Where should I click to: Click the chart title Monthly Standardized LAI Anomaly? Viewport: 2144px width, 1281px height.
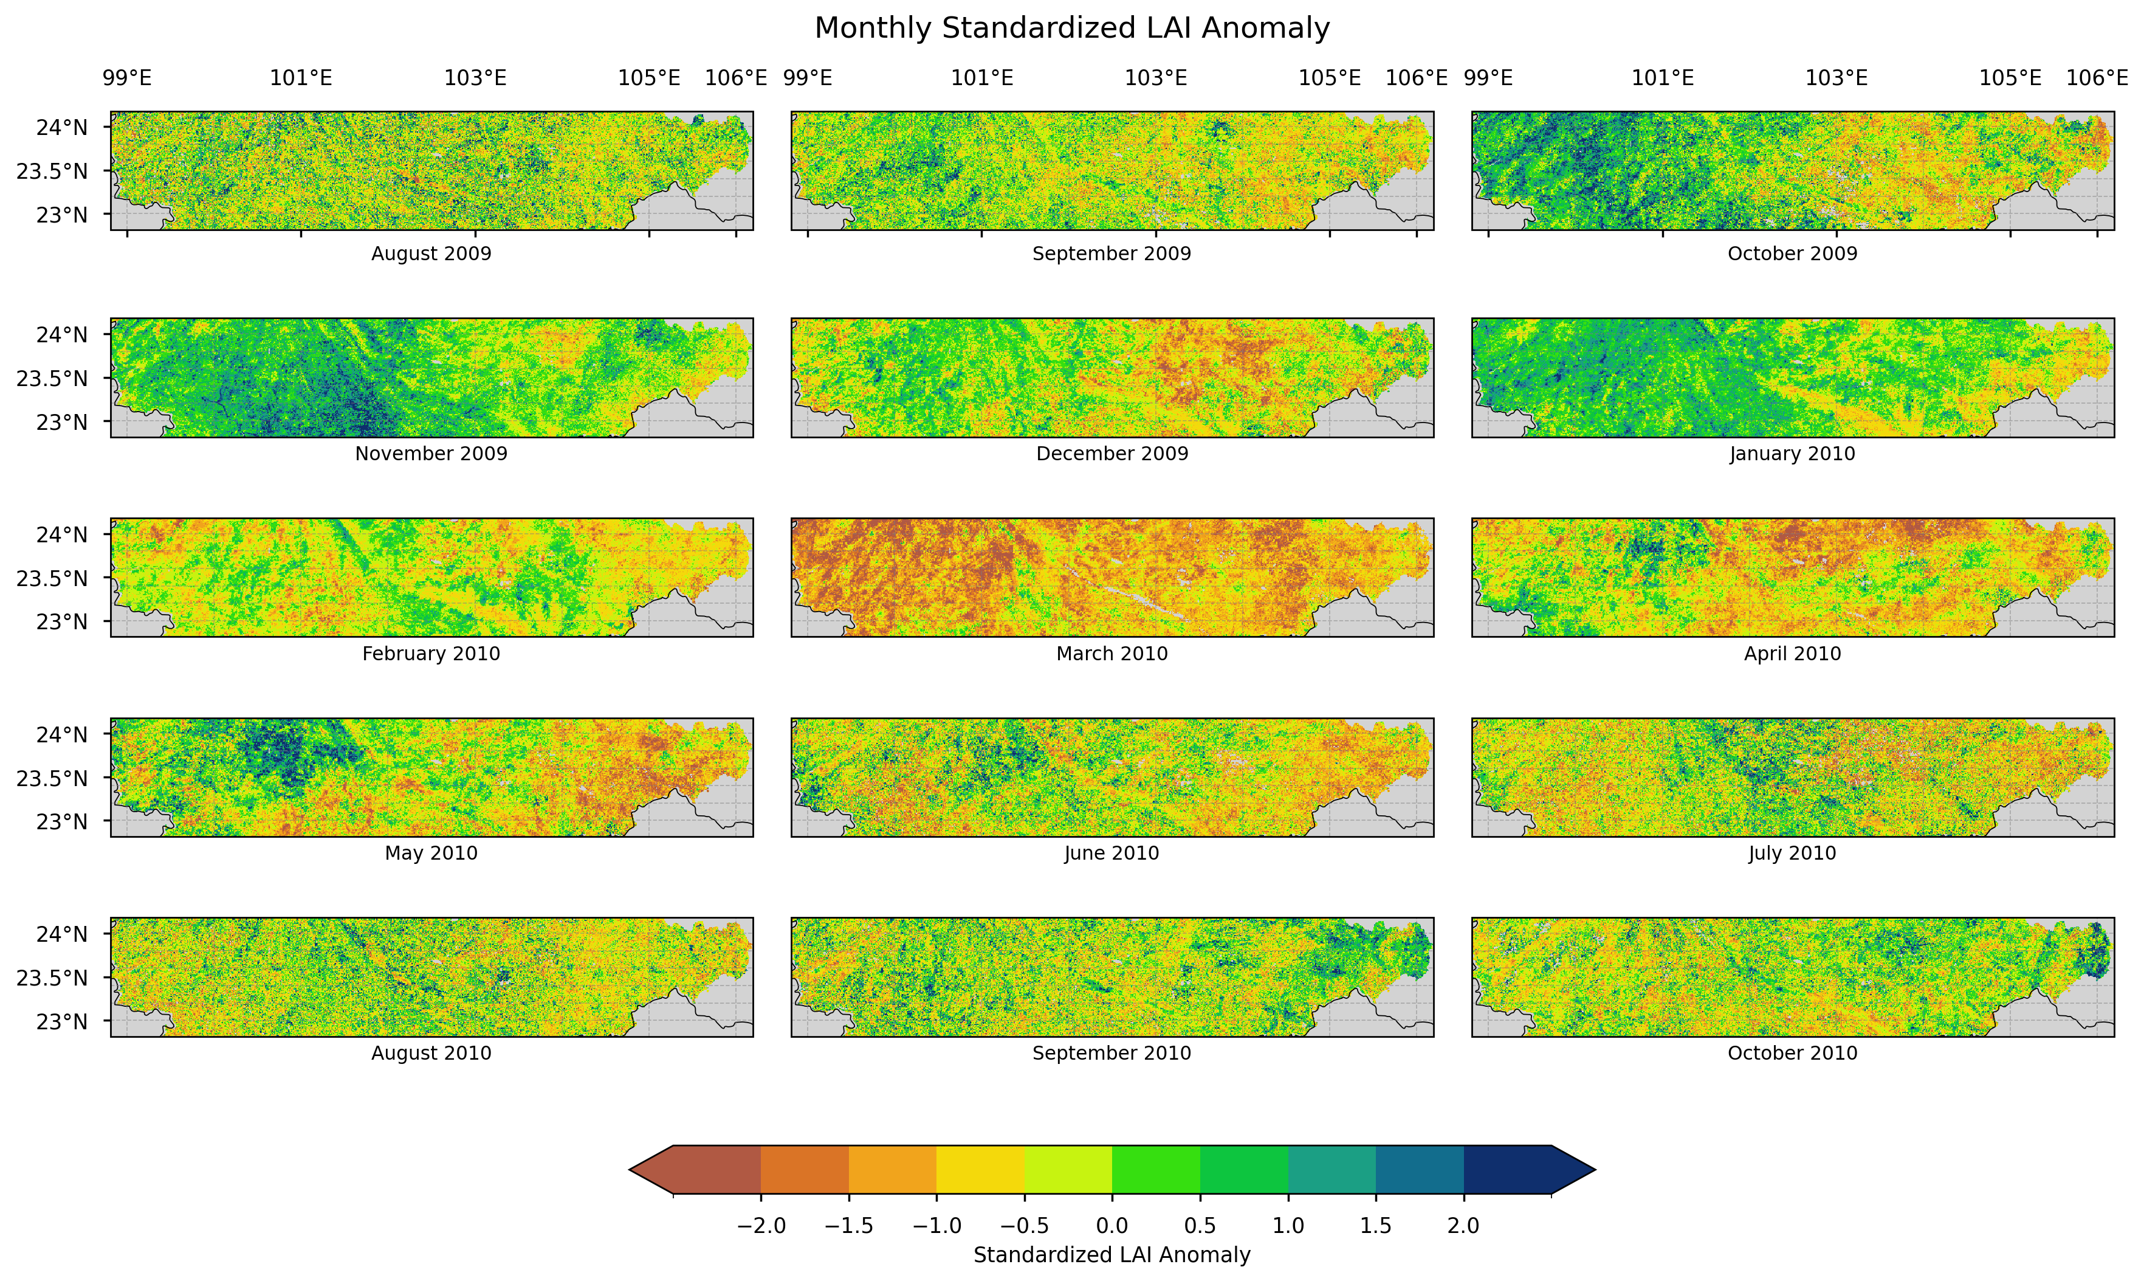coord(1071,29)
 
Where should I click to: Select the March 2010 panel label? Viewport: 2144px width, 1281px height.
coord(1112,654)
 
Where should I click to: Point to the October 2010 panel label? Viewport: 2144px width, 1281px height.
coord(1792,1053)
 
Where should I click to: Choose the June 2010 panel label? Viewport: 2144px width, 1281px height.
coord(1112,854)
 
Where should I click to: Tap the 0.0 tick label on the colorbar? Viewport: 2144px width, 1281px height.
coord(1112,1226)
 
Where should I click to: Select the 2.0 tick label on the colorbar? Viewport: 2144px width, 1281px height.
coord(1463,1226)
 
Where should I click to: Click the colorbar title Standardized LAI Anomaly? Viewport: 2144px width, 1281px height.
coord(1112,1255)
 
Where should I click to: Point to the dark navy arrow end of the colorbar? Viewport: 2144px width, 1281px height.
coord(1572,1170)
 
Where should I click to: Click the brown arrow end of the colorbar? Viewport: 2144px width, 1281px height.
coord(652,1170)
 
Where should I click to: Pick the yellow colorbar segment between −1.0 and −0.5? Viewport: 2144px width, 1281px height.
coord(980,1170)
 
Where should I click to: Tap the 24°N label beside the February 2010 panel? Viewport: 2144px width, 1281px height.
coord(61,535)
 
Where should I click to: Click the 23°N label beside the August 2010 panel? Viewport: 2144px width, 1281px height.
coord(61,1022)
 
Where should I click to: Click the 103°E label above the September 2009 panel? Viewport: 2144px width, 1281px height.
coord(1155,78)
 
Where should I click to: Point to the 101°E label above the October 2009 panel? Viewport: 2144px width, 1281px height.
coord(1663,78)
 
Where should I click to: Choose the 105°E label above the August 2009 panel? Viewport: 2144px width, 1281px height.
coord(649,78)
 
